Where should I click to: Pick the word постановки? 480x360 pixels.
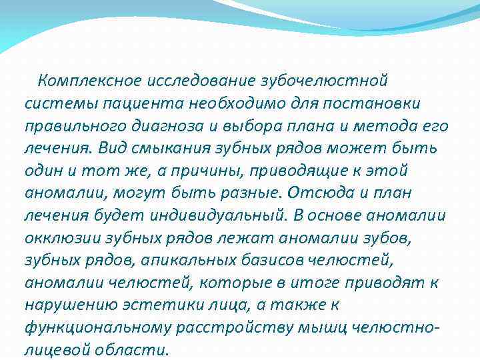[372, 105]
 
